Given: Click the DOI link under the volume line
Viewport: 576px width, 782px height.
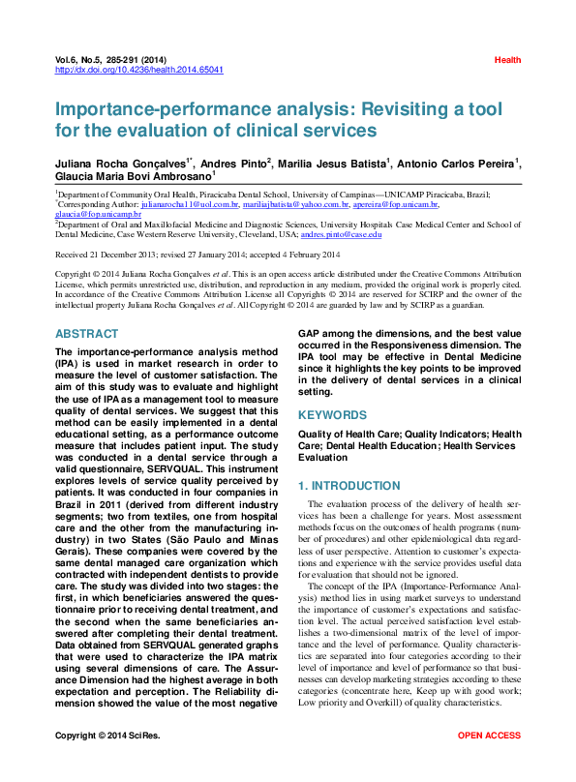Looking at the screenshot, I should [x=139, y=70].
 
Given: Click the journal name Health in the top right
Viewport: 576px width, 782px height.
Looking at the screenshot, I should [x=507, y=60].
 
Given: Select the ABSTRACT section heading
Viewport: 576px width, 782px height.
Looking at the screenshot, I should [x=87, y=334].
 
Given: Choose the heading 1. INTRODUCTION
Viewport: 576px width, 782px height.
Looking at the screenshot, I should [x=349, y=485].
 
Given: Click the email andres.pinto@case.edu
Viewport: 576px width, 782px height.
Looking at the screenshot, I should [x=341, y=234].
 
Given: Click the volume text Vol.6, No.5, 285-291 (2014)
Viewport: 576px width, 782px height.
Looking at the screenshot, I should [x=117, y=60].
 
